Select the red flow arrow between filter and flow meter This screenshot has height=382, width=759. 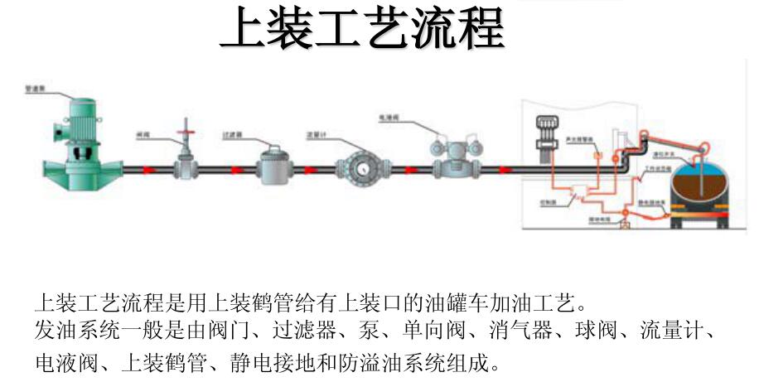pos(312,170)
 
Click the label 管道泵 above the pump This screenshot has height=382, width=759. pos(36,85)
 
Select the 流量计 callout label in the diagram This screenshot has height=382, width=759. pos(316,133)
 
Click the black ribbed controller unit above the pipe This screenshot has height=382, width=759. pos(546,133)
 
